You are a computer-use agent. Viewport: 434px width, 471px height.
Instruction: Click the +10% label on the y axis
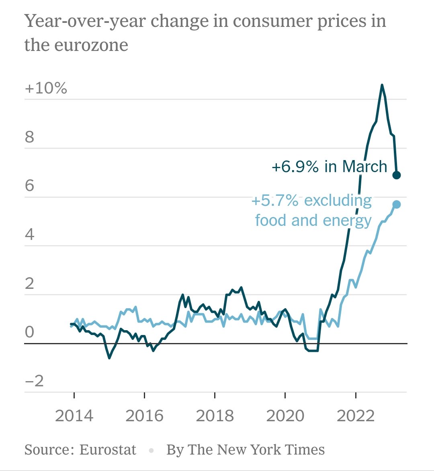click(46, 88)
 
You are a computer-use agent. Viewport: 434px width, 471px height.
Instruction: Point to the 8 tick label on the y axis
click(30, 137)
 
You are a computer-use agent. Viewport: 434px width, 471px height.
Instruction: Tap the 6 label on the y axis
click(30, 186)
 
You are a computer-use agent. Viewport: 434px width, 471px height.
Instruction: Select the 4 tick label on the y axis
click(30, 235)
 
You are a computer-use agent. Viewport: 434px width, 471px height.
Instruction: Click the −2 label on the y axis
click(34, 381)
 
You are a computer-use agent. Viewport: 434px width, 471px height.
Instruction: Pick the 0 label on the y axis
click(30, 332)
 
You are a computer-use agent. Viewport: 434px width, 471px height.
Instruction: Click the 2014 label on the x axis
click(74, 416)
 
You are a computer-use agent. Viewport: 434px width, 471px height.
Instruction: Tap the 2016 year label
click(144, 416)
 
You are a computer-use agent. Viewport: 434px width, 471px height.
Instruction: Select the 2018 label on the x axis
click(215, 416)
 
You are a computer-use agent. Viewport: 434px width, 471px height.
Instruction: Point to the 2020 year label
click(285, 416)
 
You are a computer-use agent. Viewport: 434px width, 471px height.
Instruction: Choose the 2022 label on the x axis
click(356, 416)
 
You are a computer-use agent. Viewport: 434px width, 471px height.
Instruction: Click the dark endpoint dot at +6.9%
click(397, 175)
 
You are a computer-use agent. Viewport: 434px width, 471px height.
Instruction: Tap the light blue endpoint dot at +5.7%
click(397, 205)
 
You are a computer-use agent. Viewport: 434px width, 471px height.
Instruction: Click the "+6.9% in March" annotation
click(329, 166)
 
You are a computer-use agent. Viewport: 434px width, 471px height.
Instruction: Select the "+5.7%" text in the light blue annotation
click(274, 200)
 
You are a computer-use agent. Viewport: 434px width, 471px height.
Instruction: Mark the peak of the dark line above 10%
click(382, 85)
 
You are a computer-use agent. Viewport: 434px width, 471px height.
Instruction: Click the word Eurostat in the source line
click(108, 450)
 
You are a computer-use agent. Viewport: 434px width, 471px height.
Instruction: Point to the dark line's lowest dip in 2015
click(109, 357)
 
